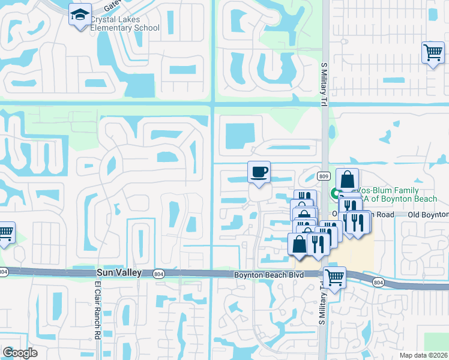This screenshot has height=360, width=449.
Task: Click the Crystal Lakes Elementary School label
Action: (125, 23)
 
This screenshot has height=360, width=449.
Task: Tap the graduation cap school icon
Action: (79, 15)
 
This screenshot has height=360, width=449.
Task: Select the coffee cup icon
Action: (259, 173)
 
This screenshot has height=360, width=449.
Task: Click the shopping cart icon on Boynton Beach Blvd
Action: (334, 277)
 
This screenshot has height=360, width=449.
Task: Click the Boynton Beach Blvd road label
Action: (268, 274)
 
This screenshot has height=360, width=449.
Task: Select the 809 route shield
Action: (323, 176)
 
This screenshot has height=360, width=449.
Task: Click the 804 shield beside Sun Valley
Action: (159, 274)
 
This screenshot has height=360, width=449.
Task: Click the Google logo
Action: (20, 352)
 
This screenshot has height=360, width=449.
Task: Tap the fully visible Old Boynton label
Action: (427, 214)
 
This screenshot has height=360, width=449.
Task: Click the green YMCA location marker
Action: (334, 193)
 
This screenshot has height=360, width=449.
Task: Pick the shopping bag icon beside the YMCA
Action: (348, 179)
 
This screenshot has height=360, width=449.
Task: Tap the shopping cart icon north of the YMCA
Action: (432, 52)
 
